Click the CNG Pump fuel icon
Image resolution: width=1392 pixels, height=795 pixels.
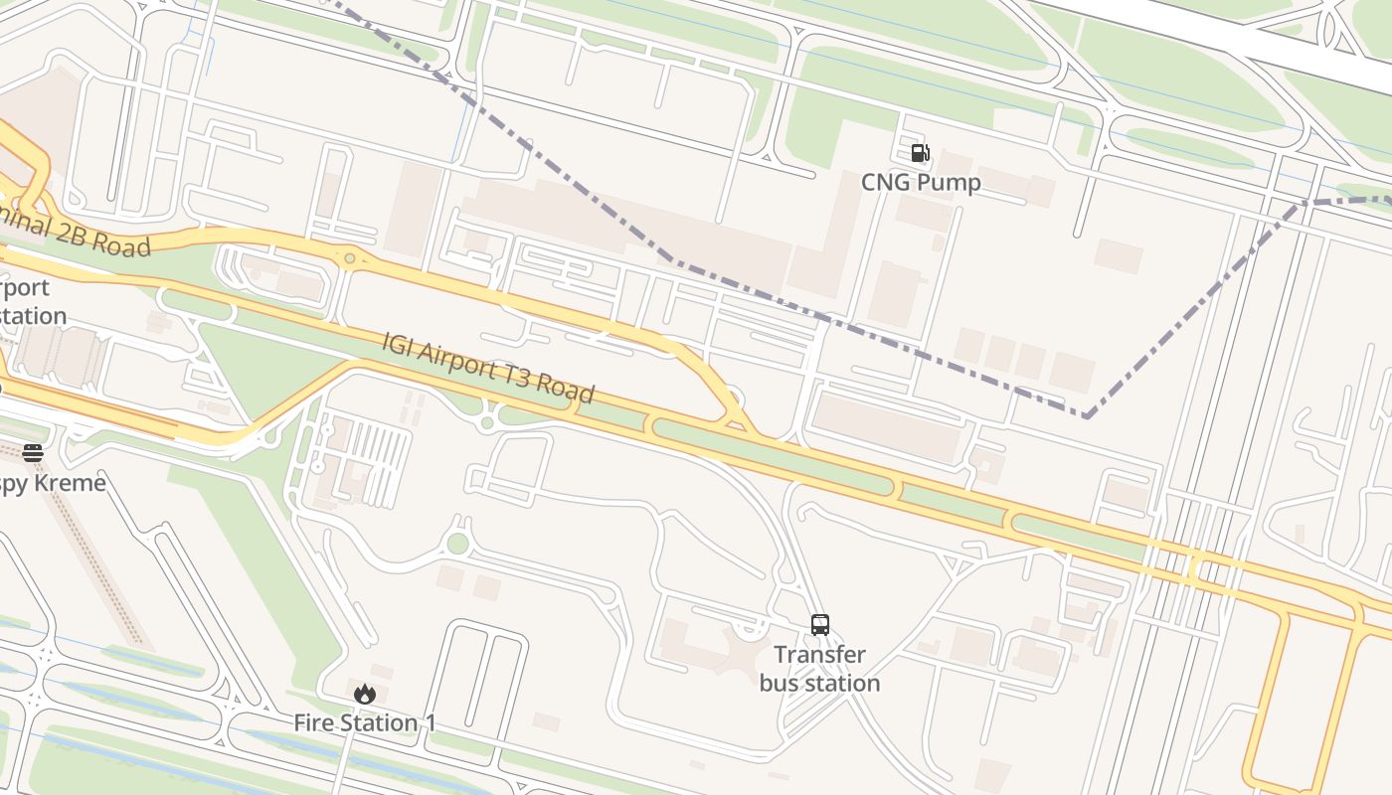pyautogui.click(x=920, y=153)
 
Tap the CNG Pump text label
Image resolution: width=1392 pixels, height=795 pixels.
pyautogui.click(x=921, y=183)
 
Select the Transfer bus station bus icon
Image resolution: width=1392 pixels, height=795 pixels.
pyautogui.click(x=820, y=625)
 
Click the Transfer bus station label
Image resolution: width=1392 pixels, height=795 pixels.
pyautogui.click(x=820, y=669)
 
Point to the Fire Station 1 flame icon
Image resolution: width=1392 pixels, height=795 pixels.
pyautogui.click(x=365, y=694)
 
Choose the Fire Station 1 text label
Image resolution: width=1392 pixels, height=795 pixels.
pyautogui.click(x=365, y=723)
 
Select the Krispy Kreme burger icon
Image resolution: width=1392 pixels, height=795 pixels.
pyautogui.click(x=33, y=453)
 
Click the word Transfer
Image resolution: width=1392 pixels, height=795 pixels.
pyautogui.click(x=820, y=655)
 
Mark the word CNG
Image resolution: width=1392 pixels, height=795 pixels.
pyautogui.click(x=885, y=183)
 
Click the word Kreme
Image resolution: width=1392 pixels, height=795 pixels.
pyautogui.click(x=70, y=484)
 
